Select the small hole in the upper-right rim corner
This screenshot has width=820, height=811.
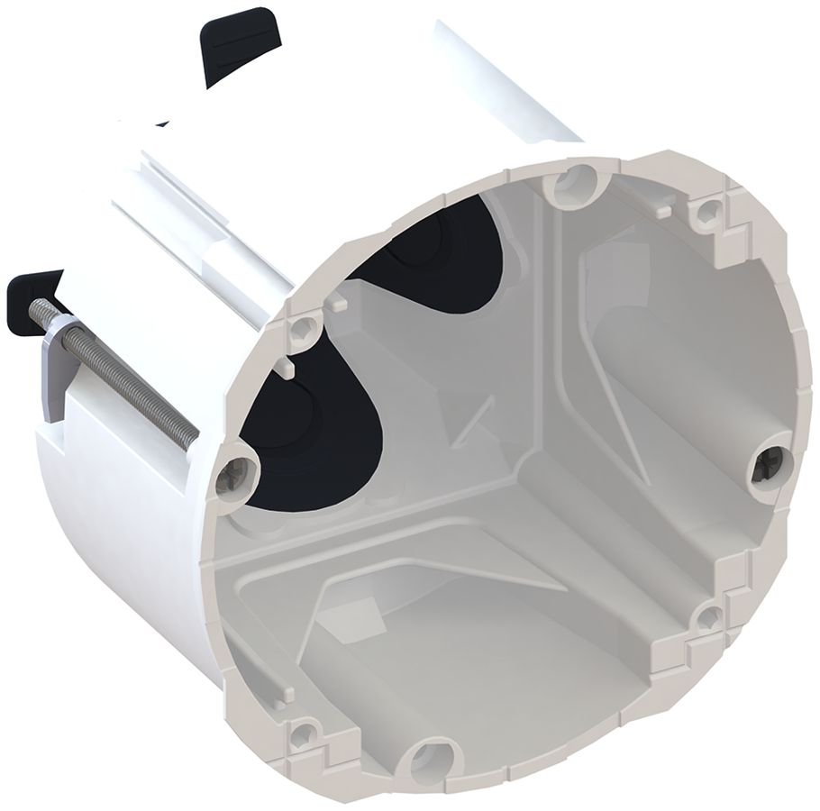point(710,213)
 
